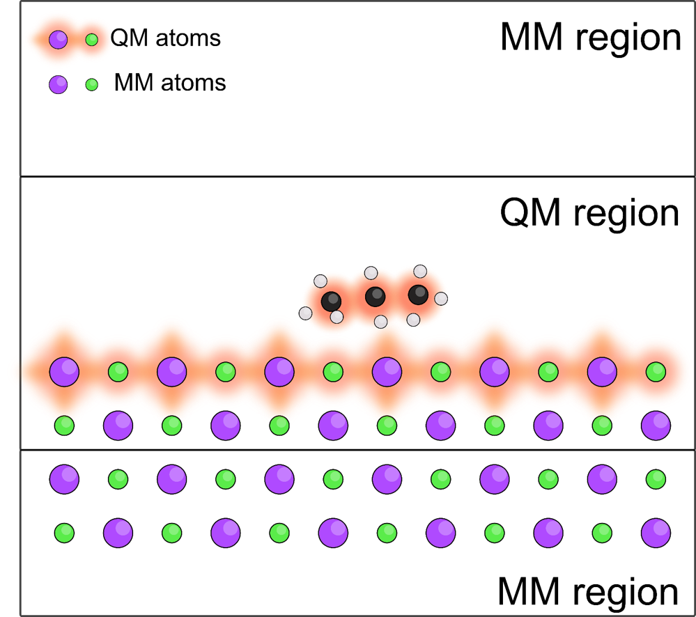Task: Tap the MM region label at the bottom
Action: coord(588,592)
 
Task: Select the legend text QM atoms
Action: coord(165,38)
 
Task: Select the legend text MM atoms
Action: coord(170,82)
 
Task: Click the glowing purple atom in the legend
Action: coord(58,40)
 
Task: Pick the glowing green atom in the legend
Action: coord(92,40)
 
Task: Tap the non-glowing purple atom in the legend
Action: coord(58,84)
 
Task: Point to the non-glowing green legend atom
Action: coord(92,84)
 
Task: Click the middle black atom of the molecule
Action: coord(375,296)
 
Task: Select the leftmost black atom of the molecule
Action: coord(331,302)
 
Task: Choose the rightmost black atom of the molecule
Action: coord(418,295)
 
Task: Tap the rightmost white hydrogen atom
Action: coord(441,299)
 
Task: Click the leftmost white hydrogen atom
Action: coord(305,313)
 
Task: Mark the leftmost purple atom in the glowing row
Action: coord(64,372)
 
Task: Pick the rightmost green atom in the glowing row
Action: coord(656,372)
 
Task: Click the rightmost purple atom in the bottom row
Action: coord(656,533)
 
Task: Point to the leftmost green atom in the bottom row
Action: coord(64,533)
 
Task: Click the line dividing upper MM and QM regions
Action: coord(358,177)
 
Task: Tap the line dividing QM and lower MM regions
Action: coord(358,451)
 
